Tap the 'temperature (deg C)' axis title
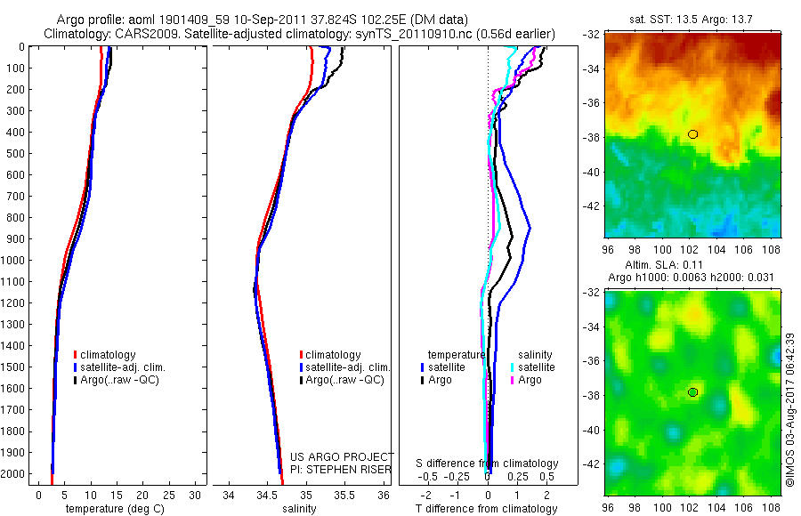click(x=111, y=509)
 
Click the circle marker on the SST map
click(x=692, y=134)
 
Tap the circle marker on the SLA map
click(x=692, y=392)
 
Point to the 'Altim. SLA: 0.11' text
click(x=691, y=265)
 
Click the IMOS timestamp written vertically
click(x=790, y=410)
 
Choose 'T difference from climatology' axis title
click(x=488, y=509)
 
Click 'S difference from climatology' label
click(x=488, y=464)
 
